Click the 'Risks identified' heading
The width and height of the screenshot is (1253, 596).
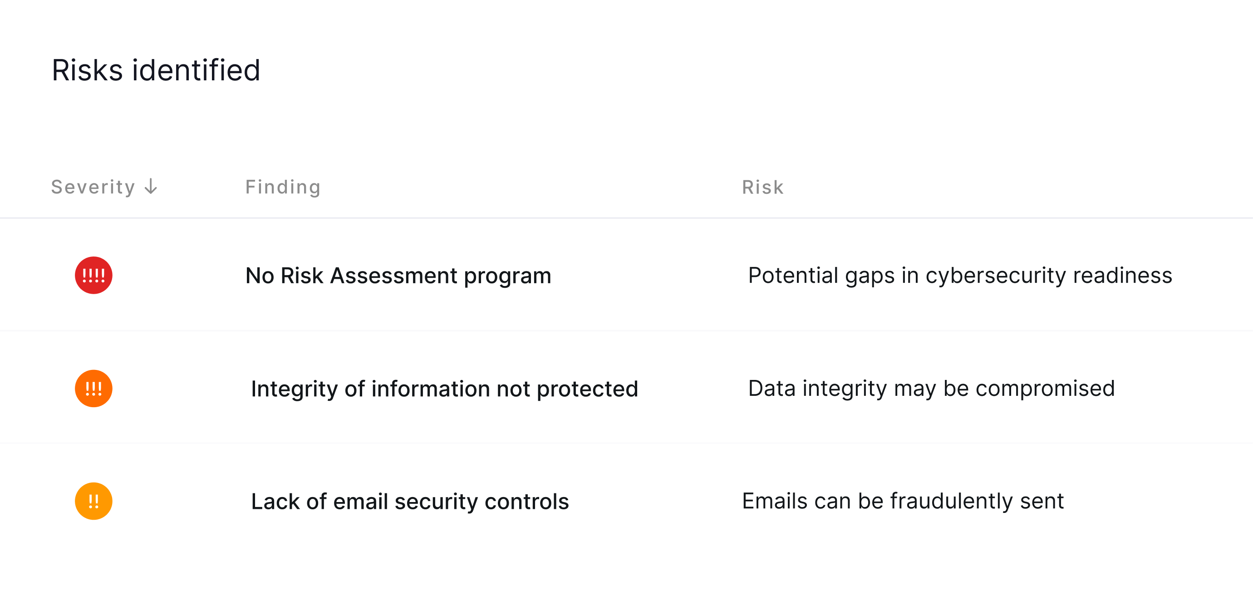[156, 70]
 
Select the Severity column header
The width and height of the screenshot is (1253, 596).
[93, 187]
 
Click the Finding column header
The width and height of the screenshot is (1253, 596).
[283, 187]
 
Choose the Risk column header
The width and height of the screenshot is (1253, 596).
[763, 187]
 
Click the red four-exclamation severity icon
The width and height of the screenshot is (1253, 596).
[93, 276]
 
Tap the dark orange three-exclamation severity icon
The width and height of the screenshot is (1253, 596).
[93, 388]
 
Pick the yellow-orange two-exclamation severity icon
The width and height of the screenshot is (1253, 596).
[93, 501]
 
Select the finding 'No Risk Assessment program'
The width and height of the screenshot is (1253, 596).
[398, 276]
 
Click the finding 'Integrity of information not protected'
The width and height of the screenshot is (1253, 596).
[445, 389]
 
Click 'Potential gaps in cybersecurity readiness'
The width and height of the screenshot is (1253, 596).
[960, 276]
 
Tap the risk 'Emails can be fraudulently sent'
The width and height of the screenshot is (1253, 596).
[903, 502]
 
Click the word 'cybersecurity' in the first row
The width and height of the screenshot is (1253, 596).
[996, 276]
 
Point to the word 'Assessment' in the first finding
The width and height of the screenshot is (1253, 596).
[393, 276]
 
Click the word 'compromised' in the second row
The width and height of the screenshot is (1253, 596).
[1045, 389]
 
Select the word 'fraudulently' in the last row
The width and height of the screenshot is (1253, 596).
[952, 502]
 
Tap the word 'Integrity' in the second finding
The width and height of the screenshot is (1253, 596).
[294, 389]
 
